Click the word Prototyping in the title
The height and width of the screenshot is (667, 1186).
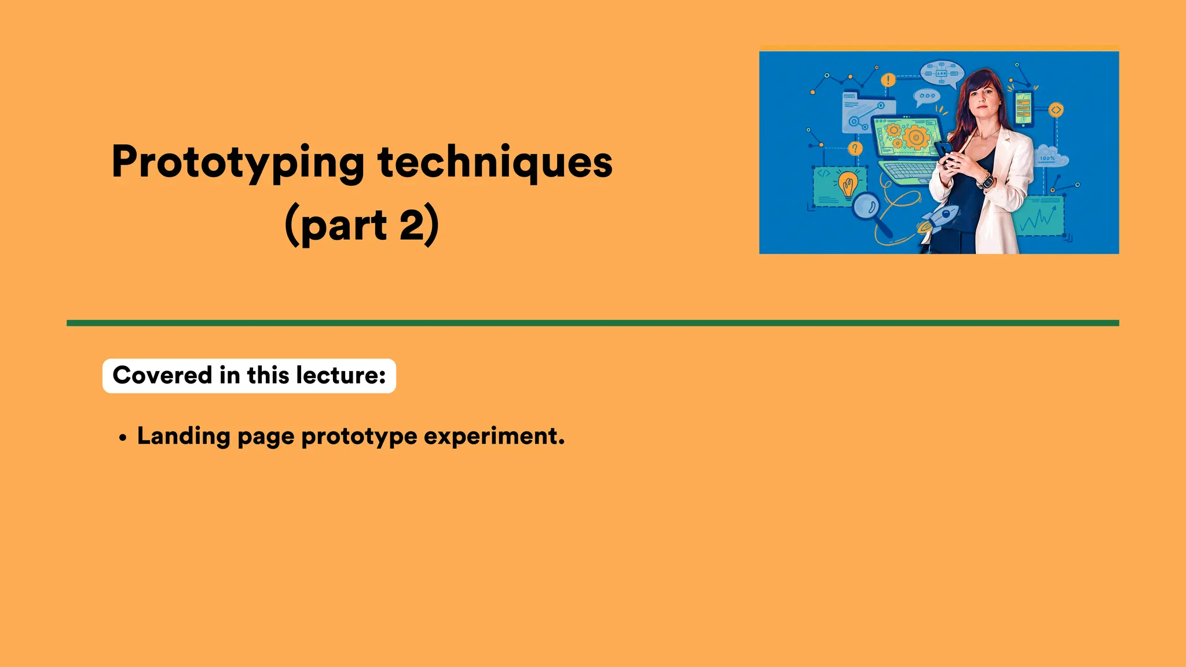pyautogui.click(x=237, y=162)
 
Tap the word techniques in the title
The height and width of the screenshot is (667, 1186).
pyautogui.click(x=495, y=162)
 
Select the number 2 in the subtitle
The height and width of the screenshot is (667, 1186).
pyautogui.click(x=412, y=225)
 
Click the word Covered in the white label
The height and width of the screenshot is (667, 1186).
pyautogui.click(x=162, y=375)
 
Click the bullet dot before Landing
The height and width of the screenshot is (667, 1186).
pyautogui.click(x=122, y=438)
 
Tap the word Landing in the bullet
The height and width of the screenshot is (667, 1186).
pyautogui.click(x=184, y=436)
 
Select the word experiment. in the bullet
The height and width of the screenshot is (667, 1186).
pyautogui.click(x=494, y=436)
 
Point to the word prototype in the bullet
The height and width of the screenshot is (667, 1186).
pyautogui.click(x=359, y=436)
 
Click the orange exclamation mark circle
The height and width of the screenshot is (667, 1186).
pyautogui.click(x=888, y=80)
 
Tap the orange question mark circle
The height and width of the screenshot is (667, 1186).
pyautogui.click(x=855, y=149)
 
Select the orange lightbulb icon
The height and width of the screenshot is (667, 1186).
pyautogui.click(x=848, y=184)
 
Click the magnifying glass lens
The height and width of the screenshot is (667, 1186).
pyautogui.click(x=866, y=206)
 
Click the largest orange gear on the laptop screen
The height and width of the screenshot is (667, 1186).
pyautogui.click(x=916, y=138)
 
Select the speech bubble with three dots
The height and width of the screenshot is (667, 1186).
pyautogui.click(x=927, y=96)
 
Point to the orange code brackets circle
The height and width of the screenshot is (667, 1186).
pyautogui.click(x=1056, y=109)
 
